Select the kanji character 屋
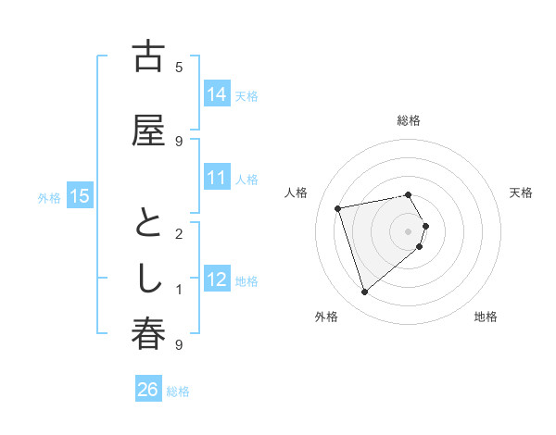(x=148, y=130)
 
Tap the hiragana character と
(x=148, y=224)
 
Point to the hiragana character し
(x=148, y=280)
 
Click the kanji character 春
(x=148, y=335)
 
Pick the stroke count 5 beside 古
(x=179, y=67)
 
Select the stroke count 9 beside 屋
(x=179, y=141)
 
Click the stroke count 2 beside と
(x=179, y=233)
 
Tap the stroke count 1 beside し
(x=179, y=290)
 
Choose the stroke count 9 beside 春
(x=179, y=345)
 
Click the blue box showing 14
(x=217, y=94)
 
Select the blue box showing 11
(x=217, y=178)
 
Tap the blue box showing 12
(x=217, y=280)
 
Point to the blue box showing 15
(x=80, y=196)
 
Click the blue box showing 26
(x=147, y=391)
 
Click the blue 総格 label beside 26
(x=178, y=391)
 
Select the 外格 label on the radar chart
(x=326, y=317)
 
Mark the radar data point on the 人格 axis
(x=338, y=207)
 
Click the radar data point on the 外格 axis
(x=364, y=292)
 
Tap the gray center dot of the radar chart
(x=408, y=230)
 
